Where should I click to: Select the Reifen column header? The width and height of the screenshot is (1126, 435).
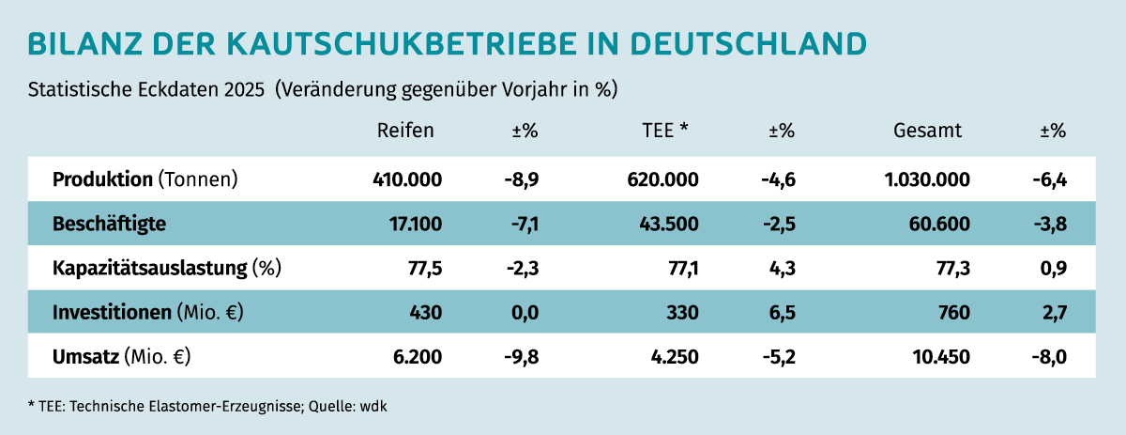(405, 131)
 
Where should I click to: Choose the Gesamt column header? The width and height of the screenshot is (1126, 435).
(927, 131)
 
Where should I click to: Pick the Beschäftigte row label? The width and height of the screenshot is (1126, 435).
(110, 225)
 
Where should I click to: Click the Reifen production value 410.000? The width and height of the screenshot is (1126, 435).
(407, 179)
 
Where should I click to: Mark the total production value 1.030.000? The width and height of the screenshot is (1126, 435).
(927, 179)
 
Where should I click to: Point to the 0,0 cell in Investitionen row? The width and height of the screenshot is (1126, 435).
(525, 313)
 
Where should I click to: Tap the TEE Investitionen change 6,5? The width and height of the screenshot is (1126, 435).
(782, 313)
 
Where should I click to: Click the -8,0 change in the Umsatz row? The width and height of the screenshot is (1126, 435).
(1048, 357)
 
